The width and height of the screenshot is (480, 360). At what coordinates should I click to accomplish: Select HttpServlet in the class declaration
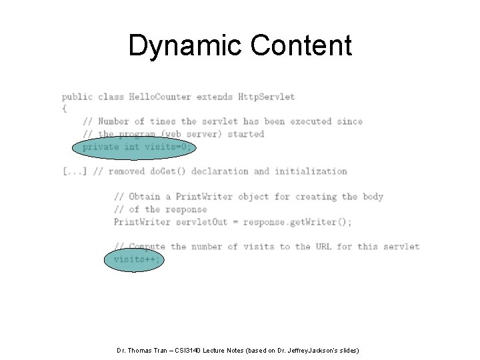pyautogui.click(x=266, y=97)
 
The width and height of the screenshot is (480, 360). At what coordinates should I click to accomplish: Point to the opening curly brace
pyautogui.click(x=64, y=108)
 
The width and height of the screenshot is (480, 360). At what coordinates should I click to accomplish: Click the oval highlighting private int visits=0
pyautogui.click(x=136, y=147)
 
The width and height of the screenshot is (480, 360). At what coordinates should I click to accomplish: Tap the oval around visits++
pyautogui.click(x=133, y=259)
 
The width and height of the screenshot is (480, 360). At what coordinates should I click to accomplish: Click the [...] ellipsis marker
pyautogui.click(x=75, y=171)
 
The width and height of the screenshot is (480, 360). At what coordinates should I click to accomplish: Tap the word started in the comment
pyautogui.click(x=246, y=134)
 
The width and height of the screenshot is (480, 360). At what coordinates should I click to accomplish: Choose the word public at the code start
pyautogui.click(x=77, y=97)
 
